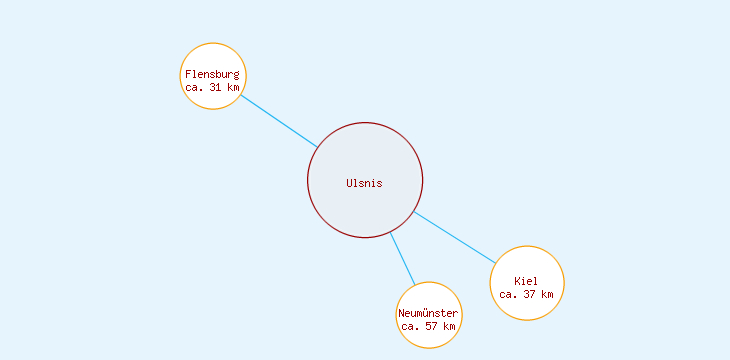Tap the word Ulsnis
tap(365, 183)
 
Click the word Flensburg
tap(213, 74)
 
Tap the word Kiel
tap(527, 281)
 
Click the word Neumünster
tap(429, 314)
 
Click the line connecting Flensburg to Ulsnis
tap(278, 121)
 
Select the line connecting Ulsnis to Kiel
tap(453, 237)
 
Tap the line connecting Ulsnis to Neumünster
tap(402, 259)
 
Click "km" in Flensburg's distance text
tap(234, 87)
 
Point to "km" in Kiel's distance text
tap(547, 294)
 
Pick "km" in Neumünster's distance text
tap(450, 326)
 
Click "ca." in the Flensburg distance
tap(194, 87)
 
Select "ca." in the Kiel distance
tap(508, 294)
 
